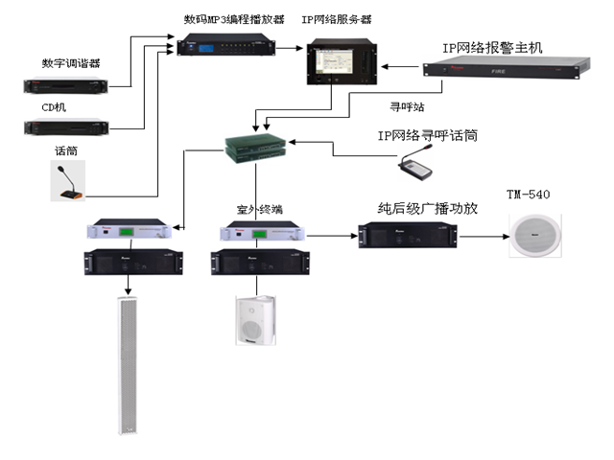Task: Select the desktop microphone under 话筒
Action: pyautogui.click(x=66, y=183)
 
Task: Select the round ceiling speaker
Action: pyautogui.click(x=531, y=236)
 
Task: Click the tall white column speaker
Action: pyautogui.click(x=126, y=363)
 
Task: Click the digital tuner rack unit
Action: pyautogui.click(x=68, y=85)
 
